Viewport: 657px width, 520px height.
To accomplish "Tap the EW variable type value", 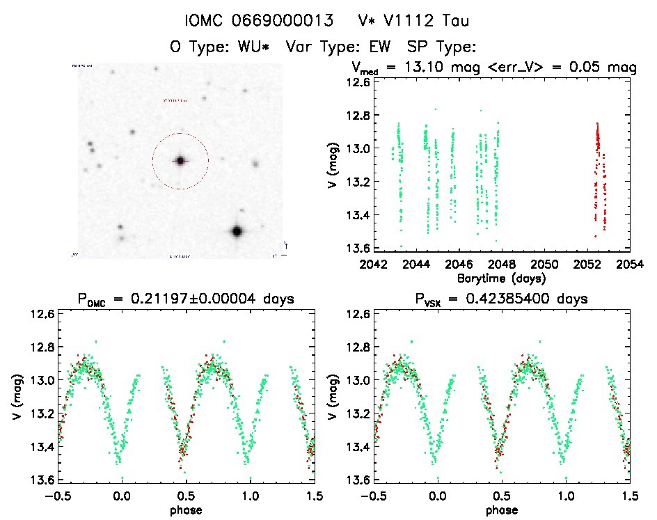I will [x=378, y=47].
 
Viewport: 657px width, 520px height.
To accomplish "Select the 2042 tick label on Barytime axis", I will [x=374, y=265].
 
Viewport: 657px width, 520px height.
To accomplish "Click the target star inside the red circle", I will [x=180, y=161].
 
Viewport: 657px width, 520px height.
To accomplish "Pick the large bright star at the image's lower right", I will [x=237, y=231].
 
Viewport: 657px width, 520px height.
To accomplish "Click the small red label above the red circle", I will [x=175, y=101].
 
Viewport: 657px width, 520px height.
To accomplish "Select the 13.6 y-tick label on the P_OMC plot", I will [x=42, y=480].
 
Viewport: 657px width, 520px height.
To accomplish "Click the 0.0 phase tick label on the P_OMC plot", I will [x=122, y=496].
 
